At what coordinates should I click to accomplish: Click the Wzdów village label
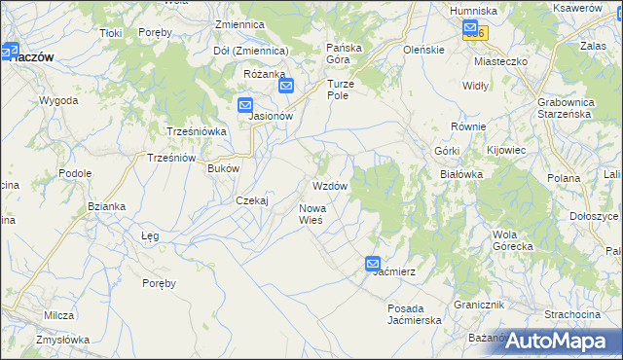pyautogui.click(x=330, y=186)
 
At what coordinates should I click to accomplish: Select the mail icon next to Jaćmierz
pyautogui.click(x=374, y=264)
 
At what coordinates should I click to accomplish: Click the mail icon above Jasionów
pyautogui.click(x=245, y=104)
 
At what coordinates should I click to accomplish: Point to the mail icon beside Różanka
pyautogui.click(x=286, y=86)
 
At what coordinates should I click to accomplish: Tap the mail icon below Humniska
pyautogui.click(x=471, y=28)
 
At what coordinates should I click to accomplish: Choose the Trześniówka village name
pyautogui.click(x=197, y=131)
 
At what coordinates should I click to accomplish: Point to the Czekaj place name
pyautogui.click(x=252, y=199)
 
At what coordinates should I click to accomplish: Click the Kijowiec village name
pyautogui.click(x=506, y=151)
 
